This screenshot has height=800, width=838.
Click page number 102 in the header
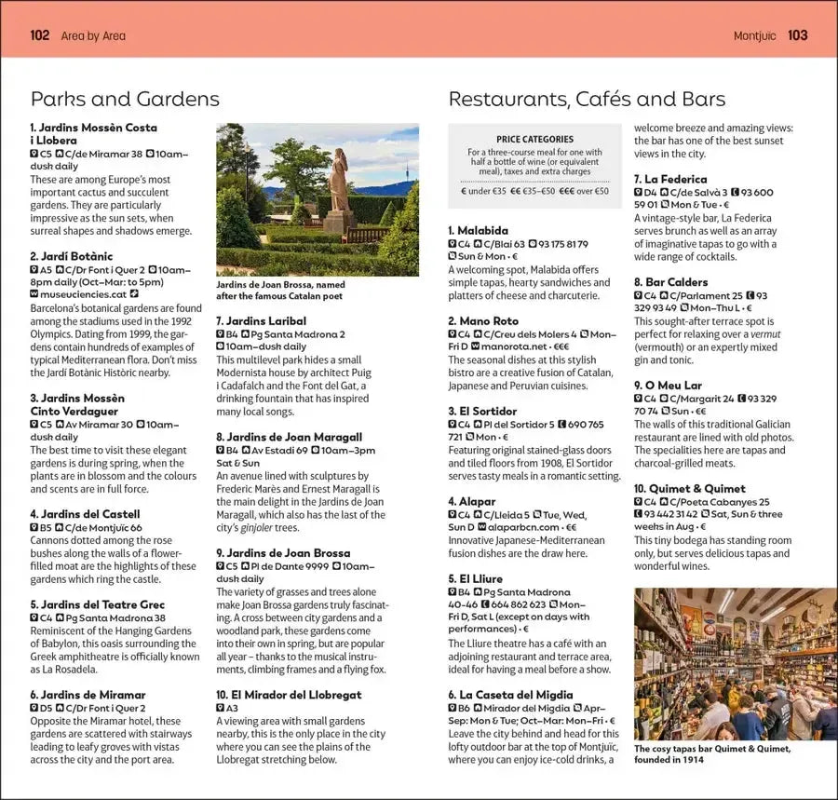point(39,35)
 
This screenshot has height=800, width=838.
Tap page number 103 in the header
point(798,35)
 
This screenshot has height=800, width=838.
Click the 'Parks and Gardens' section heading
point(125,100)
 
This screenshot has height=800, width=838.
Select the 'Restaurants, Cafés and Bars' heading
point(587,100)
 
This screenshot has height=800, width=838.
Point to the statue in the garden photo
point(338,186)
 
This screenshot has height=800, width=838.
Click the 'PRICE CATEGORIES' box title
point(534,140)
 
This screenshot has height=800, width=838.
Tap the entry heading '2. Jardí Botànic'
point(72,256)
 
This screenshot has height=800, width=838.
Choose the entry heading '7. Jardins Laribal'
point(261,321)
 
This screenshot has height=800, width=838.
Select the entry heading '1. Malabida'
point(478,230)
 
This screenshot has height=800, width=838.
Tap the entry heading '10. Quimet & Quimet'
point(689,488)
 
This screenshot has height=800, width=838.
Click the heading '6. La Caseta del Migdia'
point(510,695)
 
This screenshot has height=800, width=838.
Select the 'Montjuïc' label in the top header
point(754,36)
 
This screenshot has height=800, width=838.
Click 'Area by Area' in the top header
point(93,36)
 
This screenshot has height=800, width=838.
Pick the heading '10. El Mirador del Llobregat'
point(289,695)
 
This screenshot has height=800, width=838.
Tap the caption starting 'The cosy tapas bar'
point(712,753)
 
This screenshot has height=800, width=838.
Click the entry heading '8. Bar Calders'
point(670,282)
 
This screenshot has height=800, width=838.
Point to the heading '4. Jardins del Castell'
point(85,514)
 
